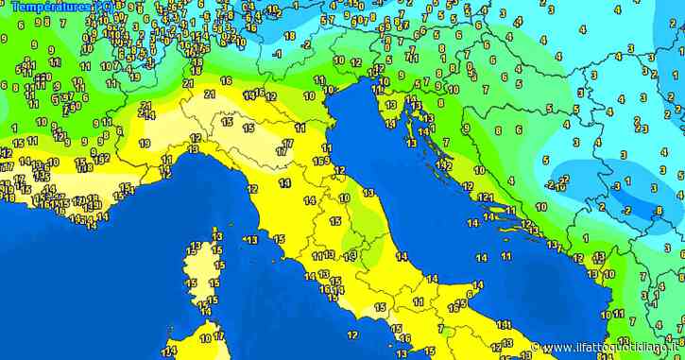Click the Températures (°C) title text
(x=56, y=7)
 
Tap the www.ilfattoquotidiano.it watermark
(x=610, y=348)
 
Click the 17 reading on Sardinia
(x=218, y=336)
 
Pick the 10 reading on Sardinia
(x=206, y=336)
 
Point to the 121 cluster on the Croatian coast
(x=486, y=197)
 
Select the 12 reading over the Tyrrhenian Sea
(x=351, y=334)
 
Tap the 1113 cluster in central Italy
(x=323, y=255)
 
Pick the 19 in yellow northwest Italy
(x=144, y=144)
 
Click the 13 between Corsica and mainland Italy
(x=250, y=240)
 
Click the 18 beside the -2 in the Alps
(x=289, y=36)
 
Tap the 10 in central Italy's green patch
(x=344, y=198)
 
